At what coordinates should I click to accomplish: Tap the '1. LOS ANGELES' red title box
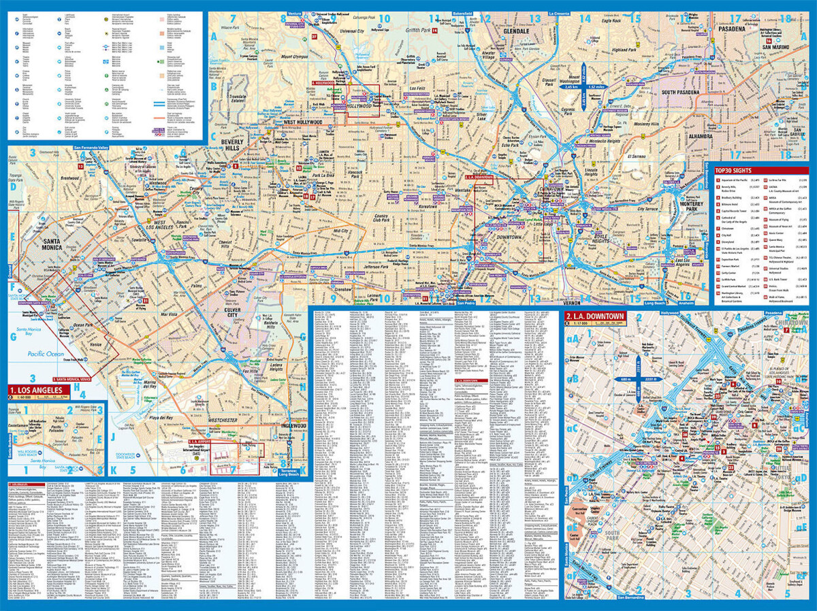click(x=39, y=390)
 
